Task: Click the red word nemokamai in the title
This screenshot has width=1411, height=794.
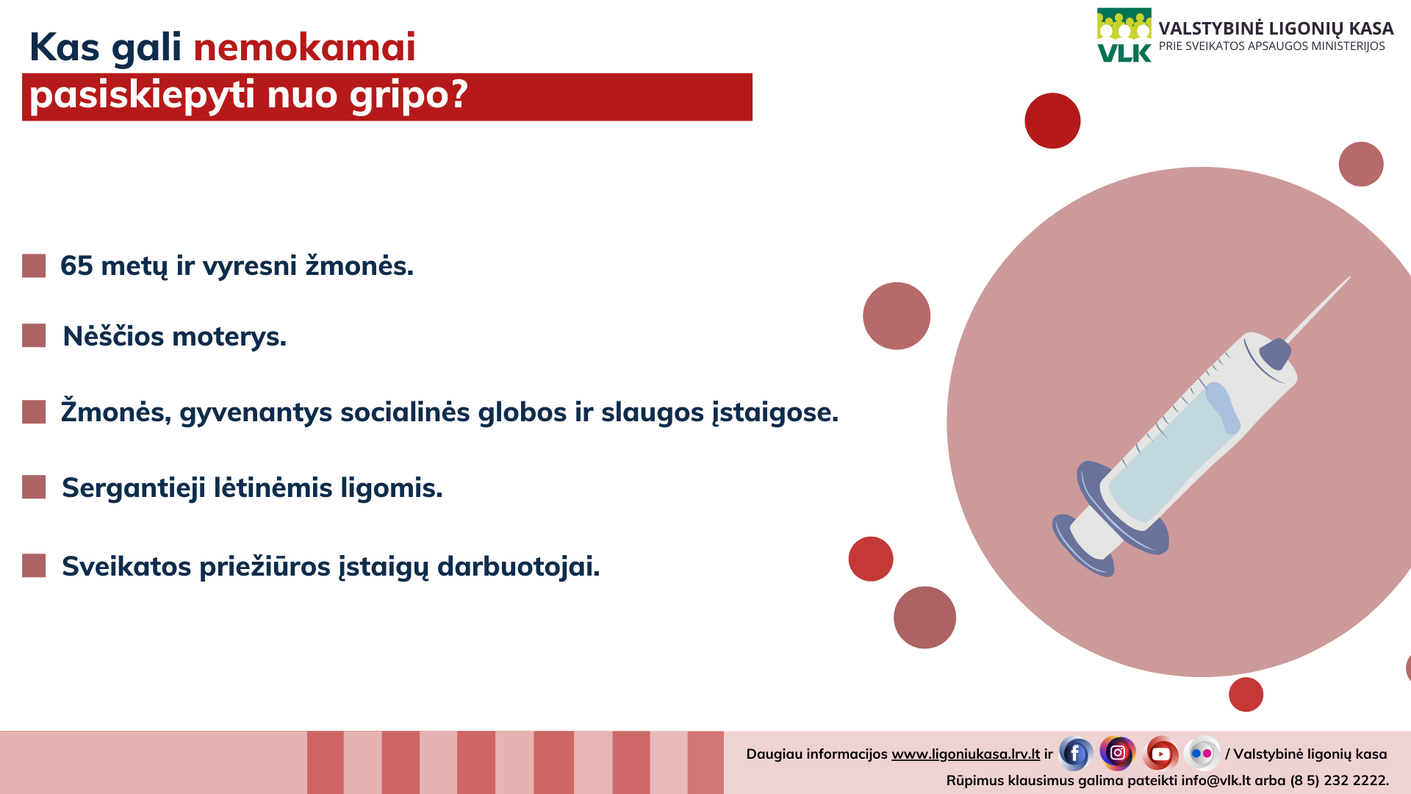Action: click(304, 47)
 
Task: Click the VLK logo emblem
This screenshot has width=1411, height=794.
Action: click(1124, 35)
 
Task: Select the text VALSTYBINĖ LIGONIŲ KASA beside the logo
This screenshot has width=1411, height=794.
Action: click(1276, 29)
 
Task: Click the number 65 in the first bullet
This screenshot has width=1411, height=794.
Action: click(76, 265)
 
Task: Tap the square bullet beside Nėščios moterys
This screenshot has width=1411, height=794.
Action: click(34, 335)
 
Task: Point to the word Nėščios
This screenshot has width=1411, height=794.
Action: click(113, 336)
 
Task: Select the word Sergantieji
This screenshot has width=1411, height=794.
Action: click(134, 488)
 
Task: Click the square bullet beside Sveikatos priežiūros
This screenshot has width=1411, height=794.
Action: click(34, 565)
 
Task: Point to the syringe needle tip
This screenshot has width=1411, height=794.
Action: click(1349, 278)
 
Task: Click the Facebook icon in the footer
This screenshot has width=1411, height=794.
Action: click(1075, 754)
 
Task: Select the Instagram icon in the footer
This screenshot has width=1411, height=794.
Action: click(1118, 753)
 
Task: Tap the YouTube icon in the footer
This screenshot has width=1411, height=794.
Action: click(1161, 754)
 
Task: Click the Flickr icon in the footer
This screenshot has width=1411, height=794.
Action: click(1202, 754)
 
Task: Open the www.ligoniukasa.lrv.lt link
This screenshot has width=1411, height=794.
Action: click(966, 754)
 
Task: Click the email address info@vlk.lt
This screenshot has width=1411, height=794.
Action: click(1216, 780)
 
